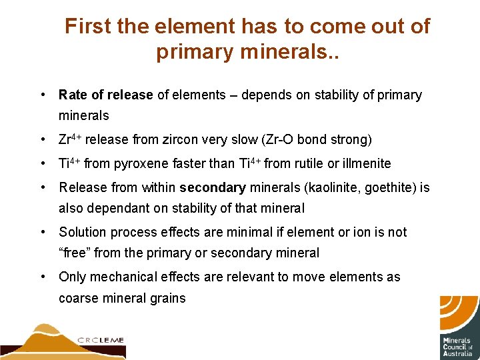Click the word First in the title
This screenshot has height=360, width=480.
pos(86,27)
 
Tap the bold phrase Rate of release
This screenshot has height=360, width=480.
pos(106,95)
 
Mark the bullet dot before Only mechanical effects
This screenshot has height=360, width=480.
pos(43,277)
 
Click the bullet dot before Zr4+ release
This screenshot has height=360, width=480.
pos(43,140)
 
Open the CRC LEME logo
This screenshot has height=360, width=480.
pos(63,339)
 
